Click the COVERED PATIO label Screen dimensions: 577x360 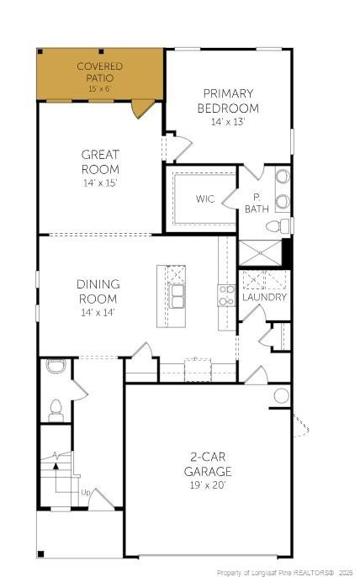tap(100, 66)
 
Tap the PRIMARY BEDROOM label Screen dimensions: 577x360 tap(228, 101)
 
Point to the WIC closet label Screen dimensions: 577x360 tap(205, 199)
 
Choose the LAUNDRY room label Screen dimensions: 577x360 tap(264, 297)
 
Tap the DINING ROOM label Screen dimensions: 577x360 tap(98, 292)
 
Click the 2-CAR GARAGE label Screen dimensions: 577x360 tap(208, 464)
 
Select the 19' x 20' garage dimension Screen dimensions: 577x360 tap(208, 484)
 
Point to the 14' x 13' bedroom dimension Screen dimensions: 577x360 tap(228, 121)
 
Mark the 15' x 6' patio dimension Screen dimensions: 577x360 tap(100, 87)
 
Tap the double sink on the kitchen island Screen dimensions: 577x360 tap(177, 296)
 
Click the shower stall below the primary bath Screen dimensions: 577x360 tap(259, 252)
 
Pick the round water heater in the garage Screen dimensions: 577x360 tap(281, 395)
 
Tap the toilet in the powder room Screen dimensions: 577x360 tap(56, 410)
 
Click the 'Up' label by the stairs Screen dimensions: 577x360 tap(85, 491)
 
